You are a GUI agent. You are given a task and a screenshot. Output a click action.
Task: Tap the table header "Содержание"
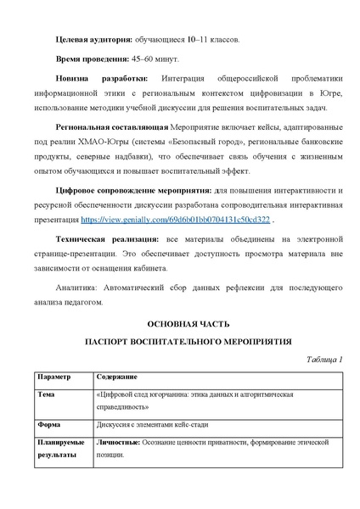116,375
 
